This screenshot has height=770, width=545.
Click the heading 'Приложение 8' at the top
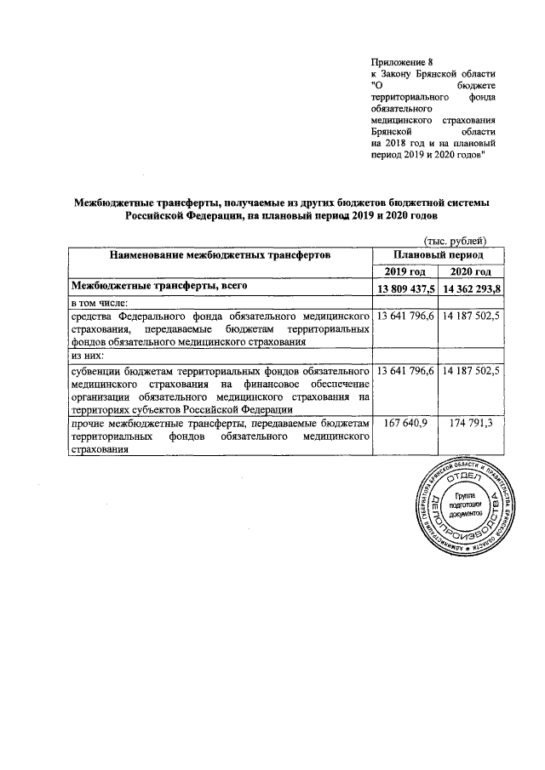click(403, 62)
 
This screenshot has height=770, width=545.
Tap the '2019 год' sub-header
click(405, 271)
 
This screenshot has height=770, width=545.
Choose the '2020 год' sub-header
click(471, 271)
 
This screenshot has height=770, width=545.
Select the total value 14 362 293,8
click(471, 288)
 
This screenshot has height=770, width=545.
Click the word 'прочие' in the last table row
click(92, 423)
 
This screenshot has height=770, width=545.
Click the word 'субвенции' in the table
click(100, 372)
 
